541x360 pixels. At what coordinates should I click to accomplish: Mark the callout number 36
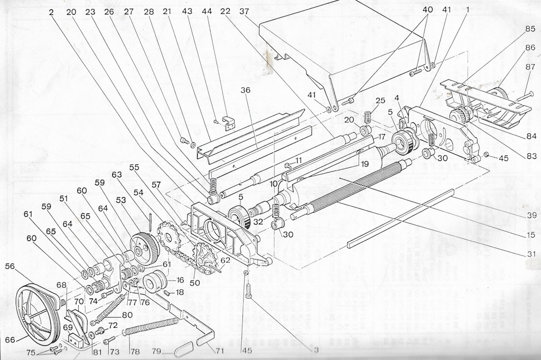coord(245,90)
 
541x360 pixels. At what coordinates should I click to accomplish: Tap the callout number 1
coord(467,10)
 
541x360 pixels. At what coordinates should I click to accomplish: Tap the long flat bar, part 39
coord(402,219)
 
